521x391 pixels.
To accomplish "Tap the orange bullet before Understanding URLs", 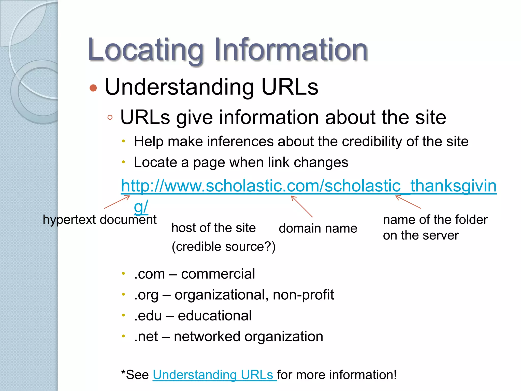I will coord(93,88).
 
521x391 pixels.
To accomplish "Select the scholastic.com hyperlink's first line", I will coord(308,186).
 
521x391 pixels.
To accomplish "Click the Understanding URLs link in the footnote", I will coord(214,375).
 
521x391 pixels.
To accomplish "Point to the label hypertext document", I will coord(100,219).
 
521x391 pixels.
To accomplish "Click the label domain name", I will coord(318,228).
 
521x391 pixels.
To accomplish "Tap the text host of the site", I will coord(213,228).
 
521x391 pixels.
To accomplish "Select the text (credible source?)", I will coord(223,246).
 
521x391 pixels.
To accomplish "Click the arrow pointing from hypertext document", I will coord(117,202).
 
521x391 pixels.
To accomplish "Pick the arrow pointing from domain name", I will coord(302,206).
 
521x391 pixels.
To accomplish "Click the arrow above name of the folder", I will coord(408,202).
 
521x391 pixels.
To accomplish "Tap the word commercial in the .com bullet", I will coord(218,274).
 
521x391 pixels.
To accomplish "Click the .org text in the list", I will coord(146,295).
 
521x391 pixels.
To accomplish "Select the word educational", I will coord(215,316).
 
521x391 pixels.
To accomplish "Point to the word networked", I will coord(207,337).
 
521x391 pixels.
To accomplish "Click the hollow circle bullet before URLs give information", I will coord(110,117).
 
